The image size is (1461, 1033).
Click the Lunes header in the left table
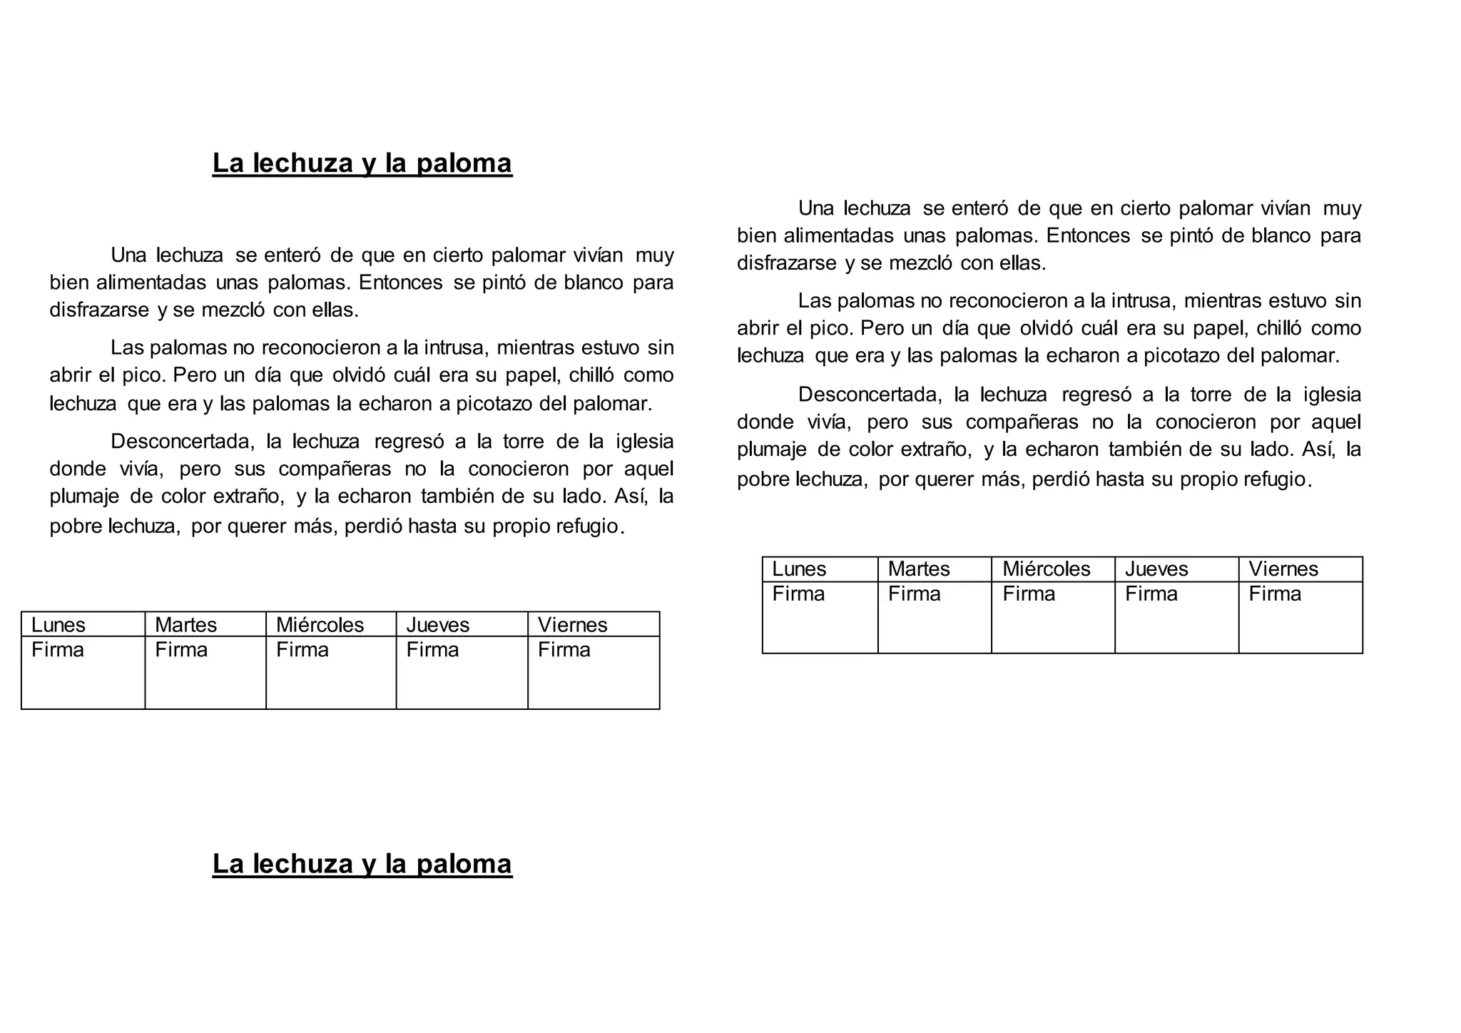tap(58, 625)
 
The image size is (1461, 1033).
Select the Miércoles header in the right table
tap(1046, 569)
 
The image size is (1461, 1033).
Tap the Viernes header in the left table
tap(572, 625)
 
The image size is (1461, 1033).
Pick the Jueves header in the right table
tap(1156, 569)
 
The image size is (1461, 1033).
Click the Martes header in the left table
tap(185, 625)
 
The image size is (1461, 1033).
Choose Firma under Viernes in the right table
tap(1274, 594)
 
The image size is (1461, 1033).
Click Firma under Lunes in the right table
tap(798, 594)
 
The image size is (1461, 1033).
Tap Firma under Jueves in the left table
tap(432, 650)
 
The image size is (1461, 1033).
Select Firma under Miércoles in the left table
tap(302, 650)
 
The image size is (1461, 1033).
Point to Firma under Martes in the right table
tap(914, 594)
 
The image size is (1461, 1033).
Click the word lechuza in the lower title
tap(303, 864)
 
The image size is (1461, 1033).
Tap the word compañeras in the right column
tap(1022, 422)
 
